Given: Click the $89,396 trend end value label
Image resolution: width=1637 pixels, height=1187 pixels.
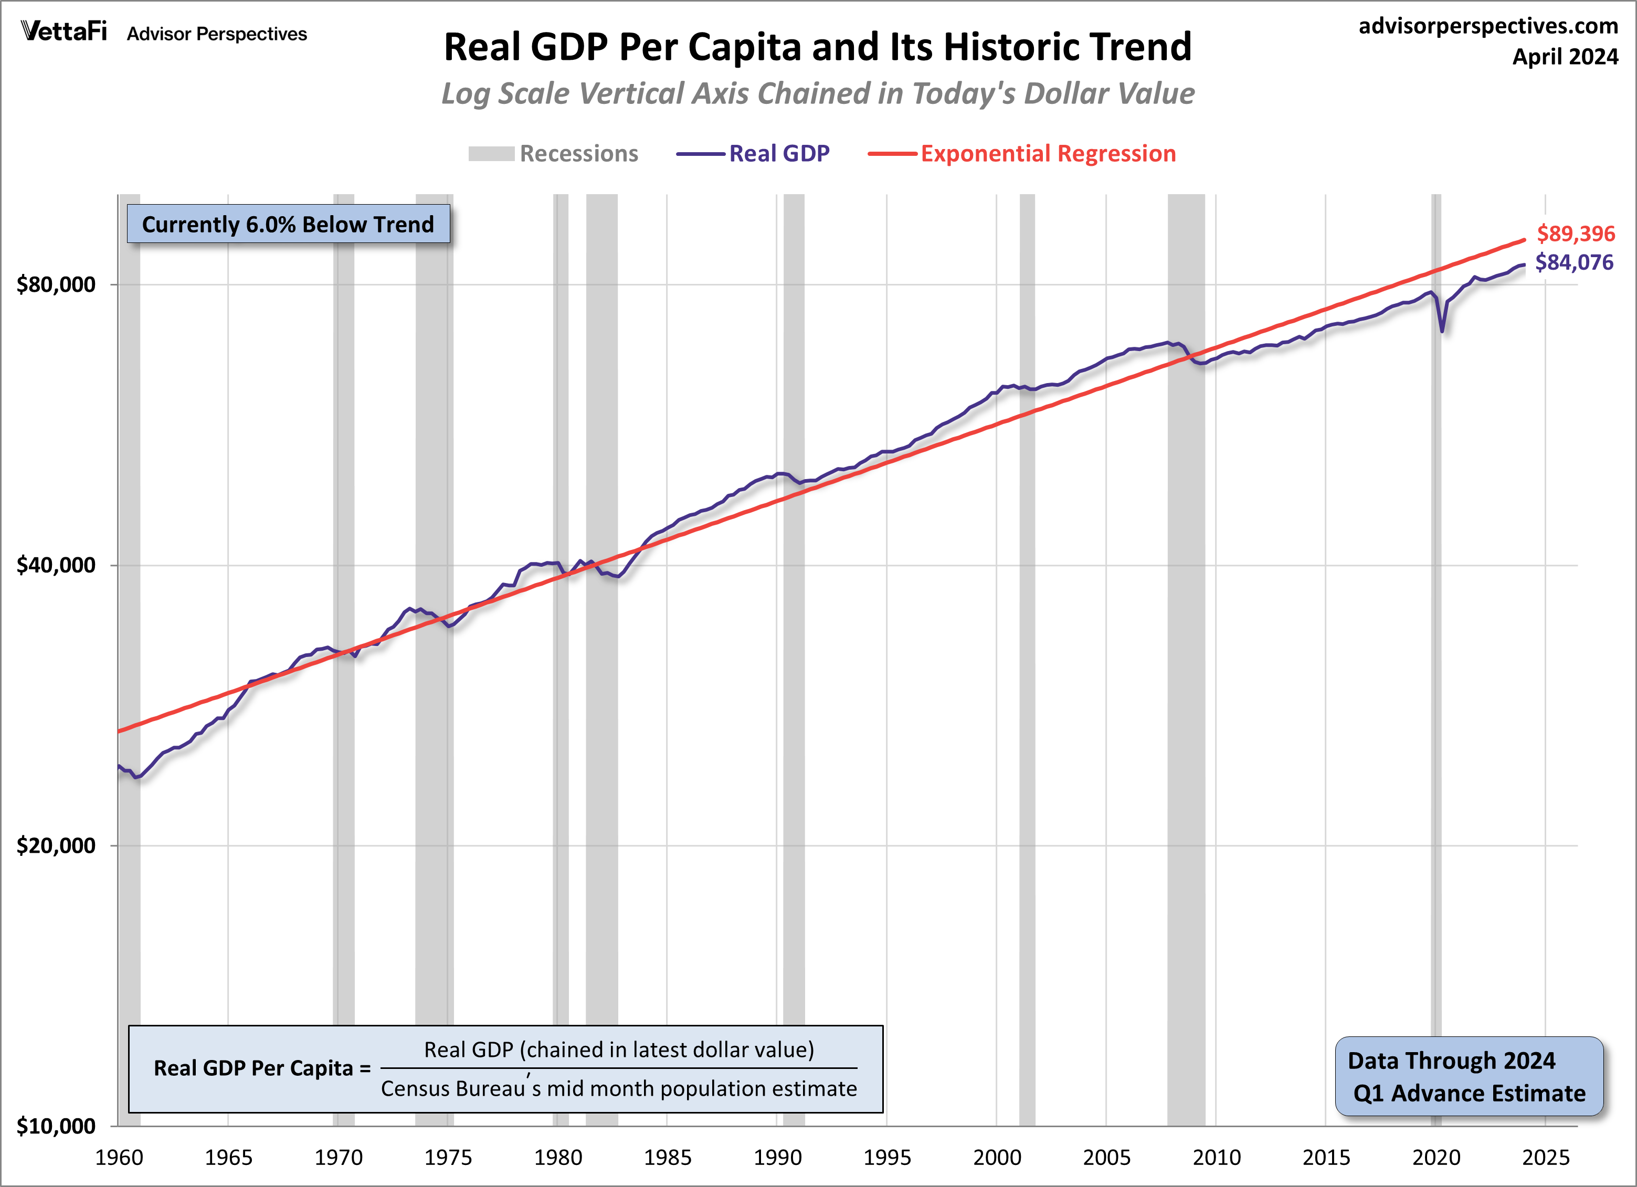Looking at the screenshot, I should [x=1576, y=234].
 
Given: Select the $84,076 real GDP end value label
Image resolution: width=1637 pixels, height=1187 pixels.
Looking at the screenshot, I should [x=1574, y=263].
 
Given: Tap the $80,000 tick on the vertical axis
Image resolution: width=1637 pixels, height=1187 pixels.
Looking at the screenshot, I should [x=56, y=284].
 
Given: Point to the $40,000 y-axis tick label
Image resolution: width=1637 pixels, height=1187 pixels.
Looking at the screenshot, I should [x=56, y=565].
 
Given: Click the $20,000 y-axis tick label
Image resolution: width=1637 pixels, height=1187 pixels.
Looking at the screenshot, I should [x=56, y=846].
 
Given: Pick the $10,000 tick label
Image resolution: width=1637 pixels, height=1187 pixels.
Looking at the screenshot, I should [x=56, y=1126].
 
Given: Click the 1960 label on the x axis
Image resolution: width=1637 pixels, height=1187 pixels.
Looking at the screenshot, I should [x=119, y=1158].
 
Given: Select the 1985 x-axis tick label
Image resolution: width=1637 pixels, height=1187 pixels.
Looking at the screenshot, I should [x=668, y=1158].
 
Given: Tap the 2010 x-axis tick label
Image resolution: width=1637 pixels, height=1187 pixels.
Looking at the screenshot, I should [x=1216, y=1158].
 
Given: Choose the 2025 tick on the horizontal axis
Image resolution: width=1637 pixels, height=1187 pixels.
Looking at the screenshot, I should [x=1545, y=1158].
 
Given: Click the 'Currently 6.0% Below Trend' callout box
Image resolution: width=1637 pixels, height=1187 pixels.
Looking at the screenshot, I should [x=288, y=225].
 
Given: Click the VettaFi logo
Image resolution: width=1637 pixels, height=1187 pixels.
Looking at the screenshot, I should [x=64, y=32].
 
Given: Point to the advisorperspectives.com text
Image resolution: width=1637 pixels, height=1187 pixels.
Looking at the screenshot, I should [x=1488, y=26].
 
